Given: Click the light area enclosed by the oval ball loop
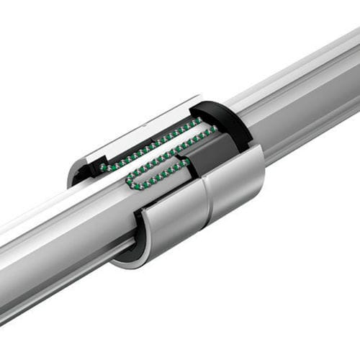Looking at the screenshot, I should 158,174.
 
